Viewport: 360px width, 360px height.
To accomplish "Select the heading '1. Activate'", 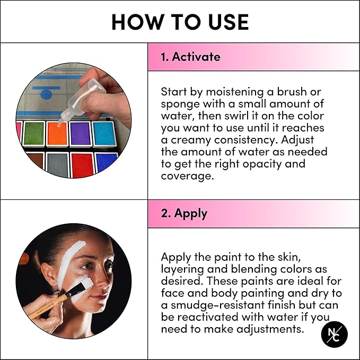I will coord(191,57).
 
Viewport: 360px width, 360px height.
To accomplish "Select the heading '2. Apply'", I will coord(184,214).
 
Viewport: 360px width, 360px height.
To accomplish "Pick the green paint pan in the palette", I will coord(34,133).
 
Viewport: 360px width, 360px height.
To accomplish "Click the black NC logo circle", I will coord(334,335).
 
